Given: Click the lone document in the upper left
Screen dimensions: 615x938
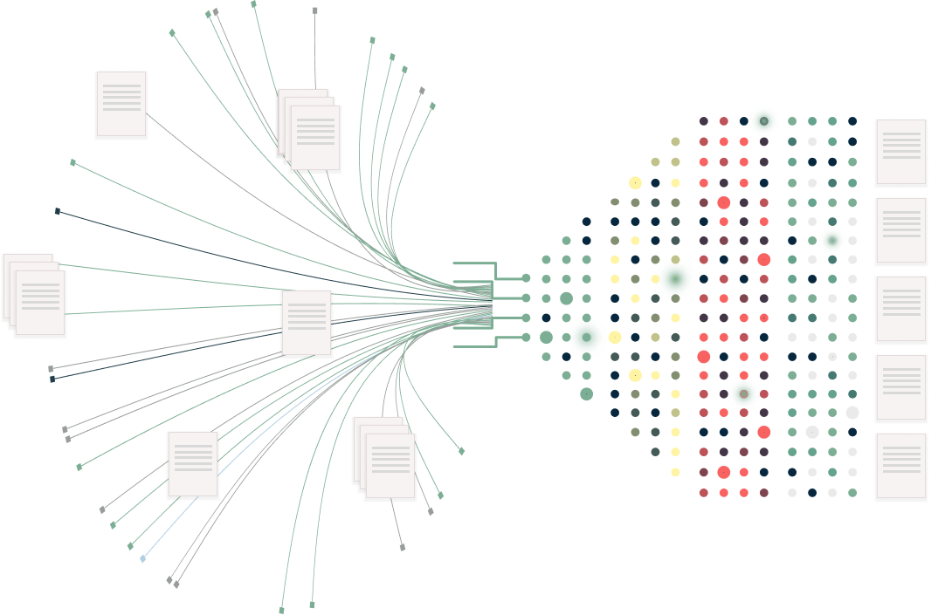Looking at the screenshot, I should (x=121, y=104).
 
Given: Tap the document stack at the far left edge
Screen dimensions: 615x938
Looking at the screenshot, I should (x=34, y=294).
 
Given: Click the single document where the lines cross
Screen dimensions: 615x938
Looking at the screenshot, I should (x=307, y=322).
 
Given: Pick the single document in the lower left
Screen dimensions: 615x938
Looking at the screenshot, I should (x=193, y=464).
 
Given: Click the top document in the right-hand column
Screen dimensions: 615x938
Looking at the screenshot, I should (x=900, y=152).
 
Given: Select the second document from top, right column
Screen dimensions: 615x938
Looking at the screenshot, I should (x=900, y=230).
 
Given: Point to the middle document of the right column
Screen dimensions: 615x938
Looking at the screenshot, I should (x=900, y=309).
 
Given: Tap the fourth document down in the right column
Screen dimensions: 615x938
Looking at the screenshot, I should (x=900, y=387).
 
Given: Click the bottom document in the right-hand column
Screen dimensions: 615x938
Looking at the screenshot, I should (x=900, y=466).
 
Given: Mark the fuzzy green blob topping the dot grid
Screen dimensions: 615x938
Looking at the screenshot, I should (x=764, y=121).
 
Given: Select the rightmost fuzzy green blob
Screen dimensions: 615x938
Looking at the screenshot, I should (x=831, y=240).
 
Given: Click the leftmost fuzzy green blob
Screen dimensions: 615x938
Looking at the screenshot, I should (x=586, y=337).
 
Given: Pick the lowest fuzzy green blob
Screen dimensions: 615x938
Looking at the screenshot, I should (x=743, y=393).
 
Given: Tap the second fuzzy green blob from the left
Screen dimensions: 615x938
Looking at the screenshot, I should (x=675, y=278).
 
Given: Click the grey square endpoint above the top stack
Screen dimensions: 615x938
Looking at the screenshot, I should (x=315, y=10).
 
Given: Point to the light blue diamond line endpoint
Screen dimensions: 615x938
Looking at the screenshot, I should (x=143, y=558).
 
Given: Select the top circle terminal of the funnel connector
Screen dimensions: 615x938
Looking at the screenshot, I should (x=526, y=277).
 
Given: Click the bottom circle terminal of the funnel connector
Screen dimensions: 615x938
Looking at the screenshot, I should (x=526, y=337).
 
